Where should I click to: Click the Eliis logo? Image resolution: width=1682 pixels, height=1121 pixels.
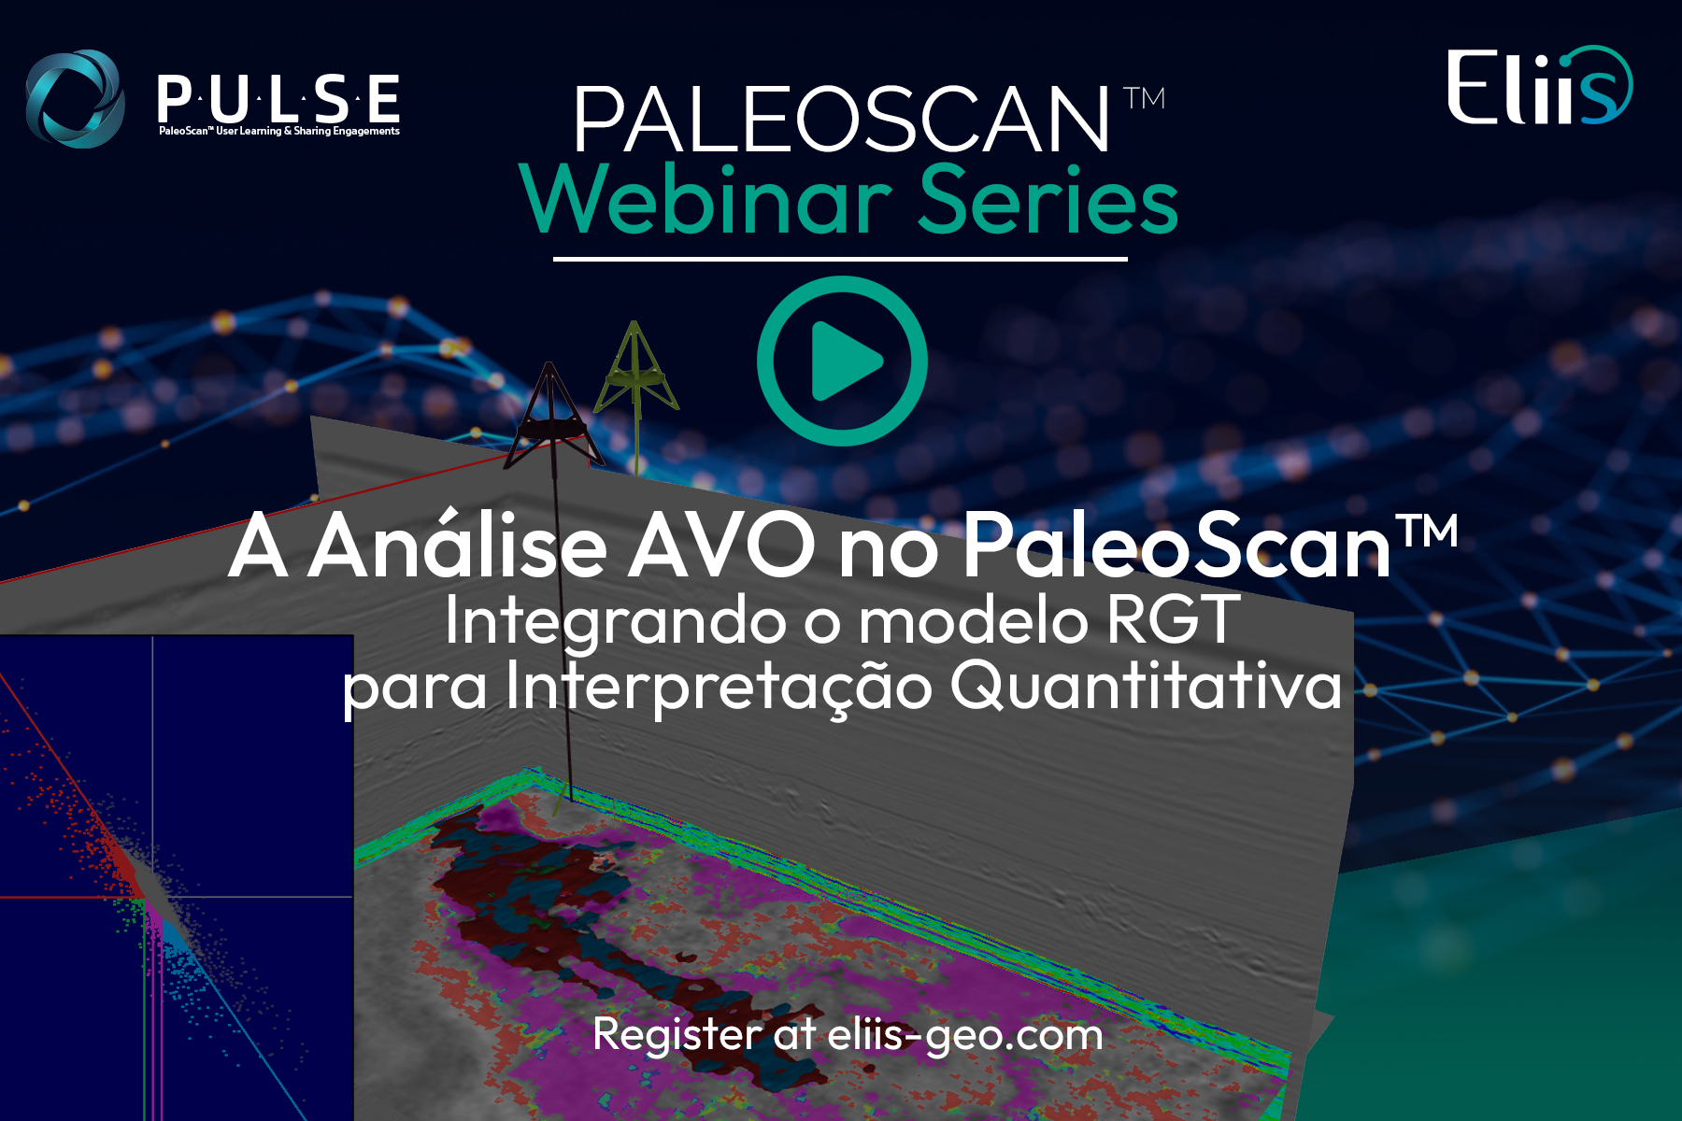(x=1540, y=86)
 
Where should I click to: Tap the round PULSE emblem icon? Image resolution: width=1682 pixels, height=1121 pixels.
(x=75, y=99)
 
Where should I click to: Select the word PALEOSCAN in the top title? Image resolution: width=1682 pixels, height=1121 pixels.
(x=841, y=120)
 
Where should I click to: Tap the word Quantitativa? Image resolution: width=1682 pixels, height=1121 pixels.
(x=1147, y=687)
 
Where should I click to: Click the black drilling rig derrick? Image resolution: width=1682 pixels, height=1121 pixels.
(x=551, y=416)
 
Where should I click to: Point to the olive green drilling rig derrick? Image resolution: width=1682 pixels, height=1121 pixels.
(x=636, y=369)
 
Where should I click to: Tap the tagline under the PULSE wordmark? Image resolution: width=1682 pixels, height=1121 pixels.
(x=278, y=131)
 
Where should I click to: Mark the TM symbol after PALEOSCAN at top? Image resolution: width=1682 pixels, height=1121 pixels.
(x=1144, y=98)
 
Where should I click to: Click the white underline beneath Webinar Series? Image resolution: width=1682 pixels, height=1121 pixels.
(x=840, y=259)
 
